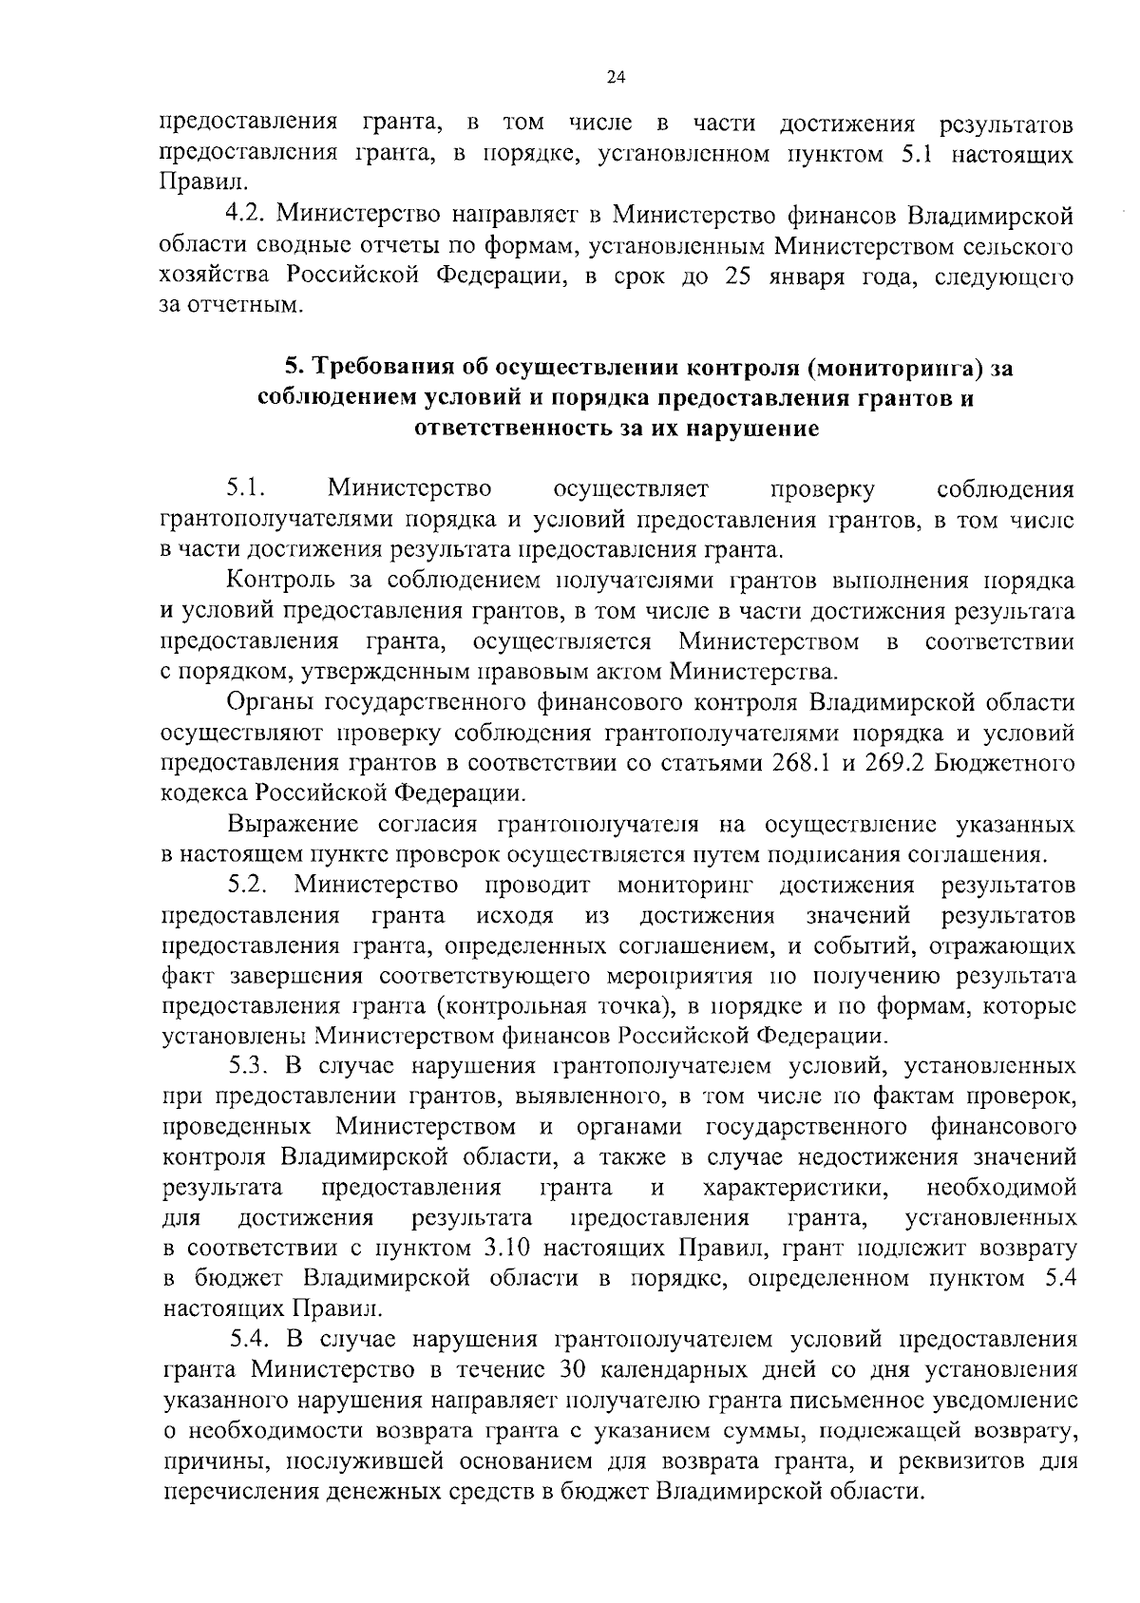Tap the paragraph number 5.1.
(x=245, y=489)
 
